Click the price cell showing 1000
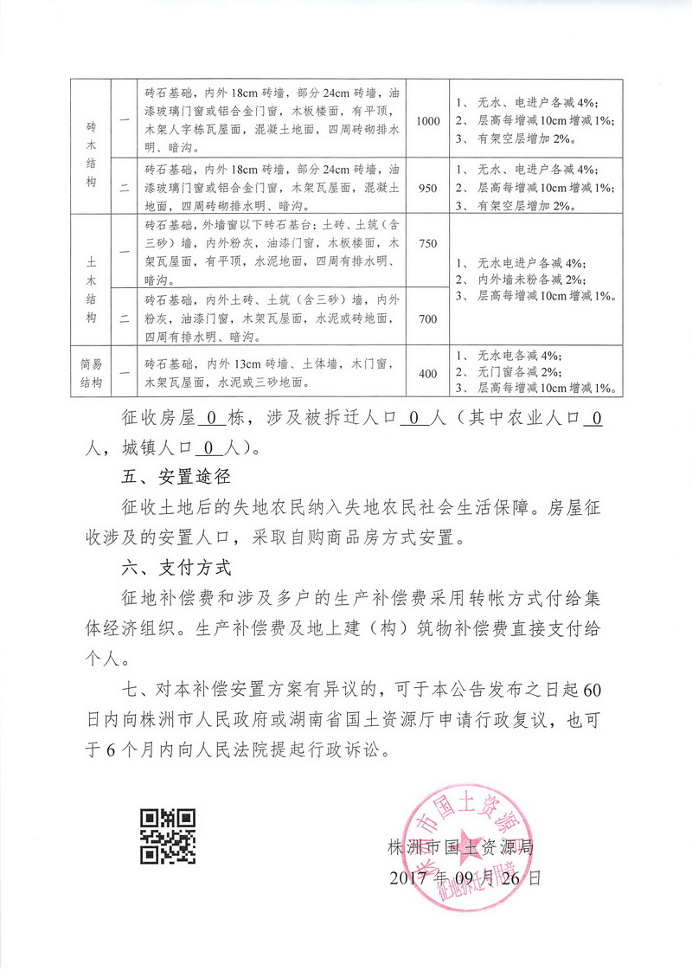(x=427, y=120)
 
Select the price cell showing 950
(x=427, y=185)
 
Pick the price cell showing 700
(x=427, y=318)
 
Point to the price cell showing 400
(x=427, y=372)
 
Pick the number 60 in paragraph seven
(x=592, y=691)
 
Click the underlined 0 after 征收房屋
(x=211, y=419)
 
